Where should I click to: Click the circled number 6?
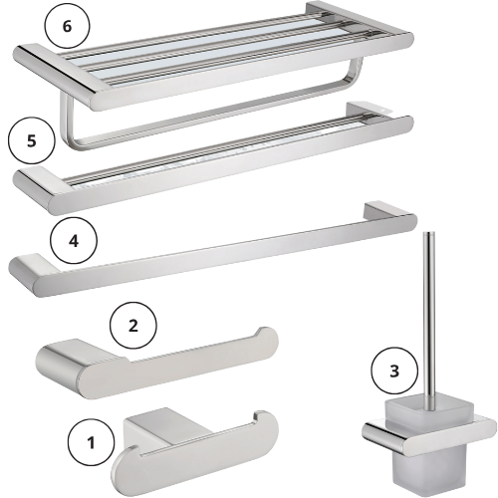coord(67,26)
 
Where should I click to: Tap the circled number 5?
coord(32,141)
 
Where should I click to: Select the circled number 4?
coord(74,241)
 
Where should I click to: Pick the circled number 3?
coord(394,371)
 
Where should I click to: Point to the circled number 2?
coord(132,326)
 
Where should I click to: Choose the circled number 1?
coord(91,442)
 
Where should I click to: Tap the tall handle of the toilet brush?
coord(427,316)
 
